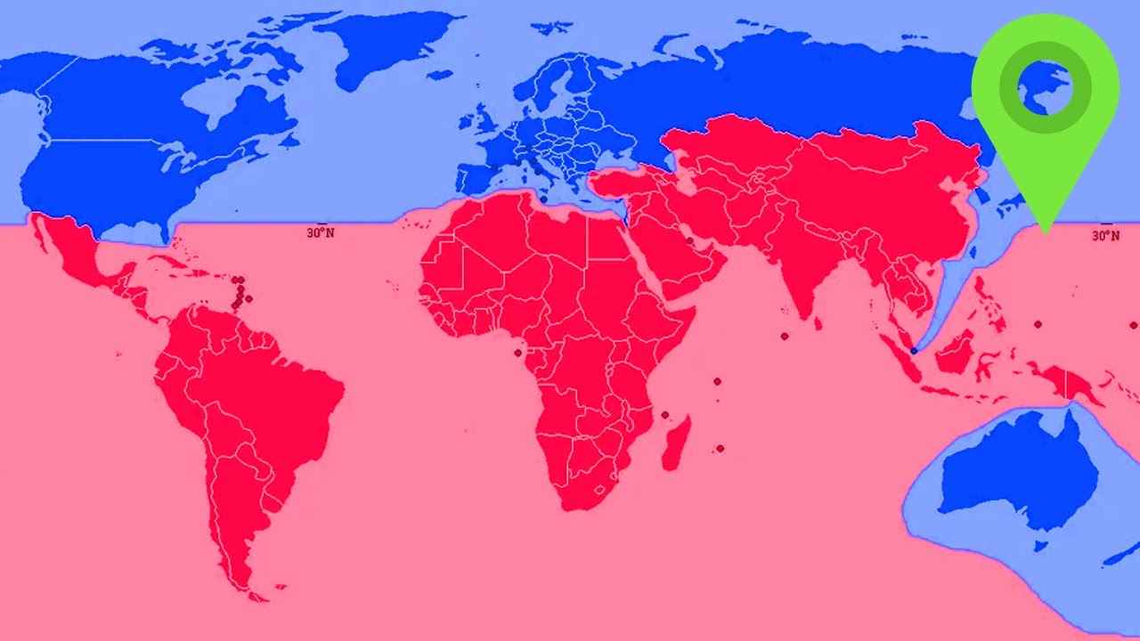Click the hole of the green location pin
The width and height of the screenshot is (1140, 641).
click(1045, 87)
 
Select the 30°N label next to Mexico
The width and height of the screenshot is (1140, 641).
click(321, 233)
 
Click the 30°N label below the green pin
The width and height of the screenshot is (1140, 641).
click(1105, 235)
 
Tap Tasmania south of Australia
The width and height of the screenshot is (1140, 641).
click(1038, 543)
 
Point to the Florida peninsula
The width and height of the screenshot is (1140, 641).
click(165, 231)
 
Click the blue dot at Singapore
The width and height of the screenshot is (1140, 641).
click(914, 351)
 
